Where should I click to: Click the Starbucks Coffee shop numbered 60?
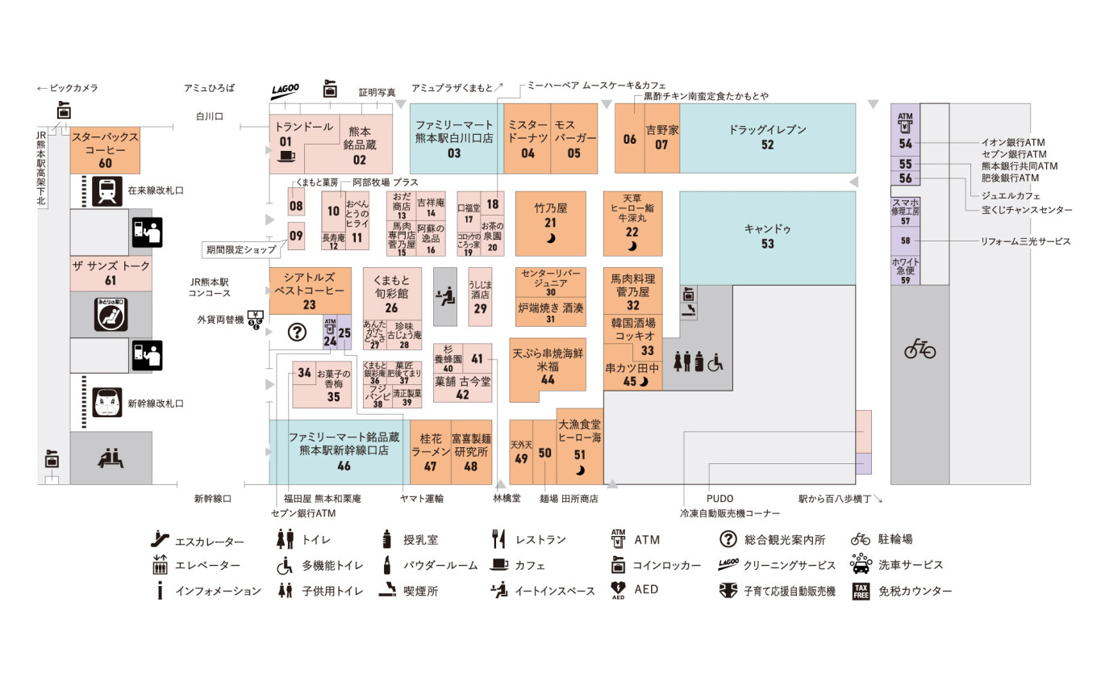(105, 150)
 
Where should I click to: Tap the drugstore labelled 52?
(767, 137)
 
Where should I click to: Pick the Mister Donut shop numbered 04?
(528, 138)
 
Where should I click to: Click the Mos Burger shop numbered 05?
(573, 138)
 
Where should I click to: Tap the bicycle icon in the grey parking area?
(920, 349)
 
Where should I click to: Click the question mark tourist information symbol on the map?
(297, 332)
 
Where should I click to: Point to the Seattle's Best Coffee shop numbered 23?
(310, 291)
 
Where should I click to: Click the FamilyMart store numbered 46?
(344, 451)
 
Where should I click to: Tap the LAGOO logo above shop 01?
(285, 90)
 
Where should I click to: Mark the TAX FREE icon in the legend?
(862, 591)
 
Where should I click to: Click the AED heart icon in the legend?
(619, 591)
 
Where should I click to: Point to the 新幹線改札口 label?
(156, 404)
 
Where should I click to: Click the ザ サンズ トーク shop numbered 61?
(111, 273)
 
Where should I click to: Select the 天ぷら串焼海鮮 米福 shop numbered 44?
(548, 368)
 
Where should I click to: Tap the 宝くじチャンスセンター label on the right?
(1026, 210)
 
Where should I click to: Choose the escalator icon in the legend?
(161, 539)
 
